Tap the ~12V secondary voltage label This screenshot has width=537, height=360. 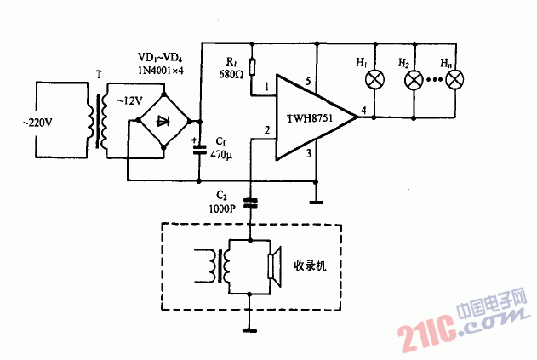click(x=120, y=100)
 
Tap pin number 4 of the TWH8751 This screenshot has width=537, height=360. click(x=363, y=111)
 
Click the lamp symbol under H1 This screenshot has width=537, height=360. click(x=372, y=80)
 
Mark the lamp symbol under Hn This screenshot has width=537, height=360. click(x=455, y=80)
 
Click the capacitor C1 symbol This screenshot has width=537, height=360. click(x=200, y=149)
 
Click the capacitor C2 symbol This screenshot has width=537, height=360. click(x=251, y=203)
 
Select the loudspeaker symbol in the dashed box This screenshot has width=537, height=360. click(x=274, y=266)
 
